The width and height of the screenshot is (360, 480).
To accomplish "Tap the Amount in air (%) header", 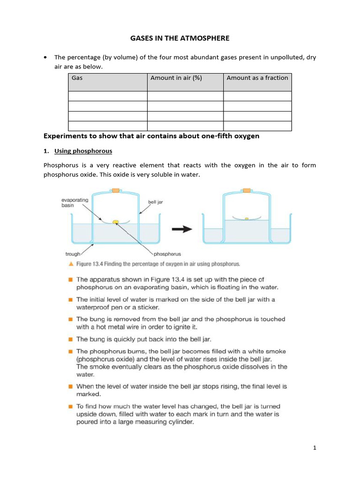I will coord(176,78).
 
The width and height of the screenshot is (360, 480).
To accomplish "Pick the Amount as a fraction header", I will coord(257,78).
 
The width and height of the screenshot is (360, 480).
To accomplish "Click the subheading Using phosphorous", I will coord(83,151).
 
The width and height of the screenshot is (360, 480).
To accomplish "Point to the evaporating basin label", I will coord(75,202).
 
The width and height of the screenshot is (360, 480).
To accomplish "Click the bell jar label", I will coord(155,202).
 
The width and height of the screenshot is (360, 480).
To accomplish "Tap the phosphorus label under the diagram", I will coord(167,254).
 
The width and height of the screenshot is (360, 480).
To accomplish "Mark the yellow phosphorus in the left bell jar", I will coord(115,222).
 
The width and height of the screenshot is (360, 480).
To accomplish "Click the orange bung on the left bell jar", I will coord(115,190).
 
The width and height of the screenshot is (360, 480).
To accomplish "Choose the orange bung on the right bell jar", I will coord(246,190).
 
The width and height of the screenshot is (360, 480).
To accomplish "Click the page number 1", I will coord(315,448).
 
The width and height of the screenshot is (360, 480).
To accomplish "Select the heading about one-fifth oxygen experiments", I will coord(151,136).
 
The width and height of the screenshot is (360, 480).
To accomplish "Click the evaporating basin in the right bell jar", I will coord(246,218).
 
